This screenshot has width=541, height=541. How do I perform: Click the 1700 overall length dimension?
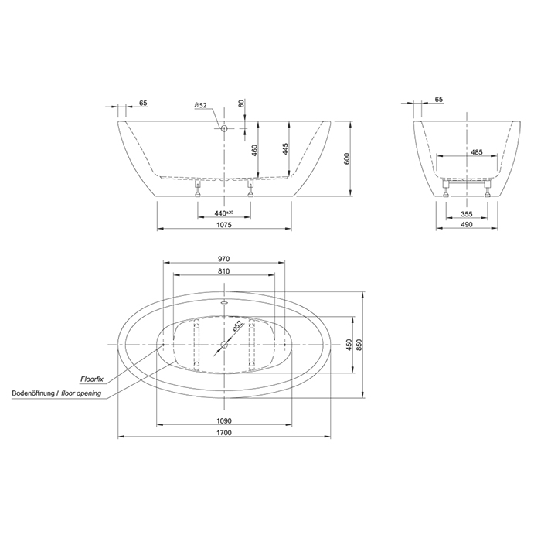pyautogui.click(x=224, y=433)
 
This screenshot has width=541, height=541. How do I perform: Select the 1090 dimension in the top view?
pyautogui.click(x=224, y=421)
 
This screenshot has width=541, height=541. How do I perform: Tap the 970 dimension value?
pyautogui.click(x=224, y=259)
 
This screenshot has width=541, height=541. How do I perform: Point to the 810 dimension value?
pyautogui.click(x=224, y=271)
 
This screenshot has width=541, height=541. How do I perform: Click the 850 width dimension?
pyautogui.click(x=359, y=345)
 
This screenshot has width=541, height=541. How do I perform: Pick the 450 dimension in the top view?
pyautogui.click(x=349, y=345)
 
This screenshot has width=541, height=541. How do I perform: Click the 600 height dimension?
pyautogui.click(x=347, y=158)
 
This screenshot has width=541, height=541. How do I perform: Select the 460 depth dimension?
pyautogui.click(x=254, y=151)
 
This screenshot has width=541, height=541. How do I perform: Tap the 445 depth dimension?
pyautogui.click(x=285, y=148)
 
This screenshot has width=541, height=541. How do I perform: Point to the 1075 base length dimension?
pyautogui.click(x=224, y=225)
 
